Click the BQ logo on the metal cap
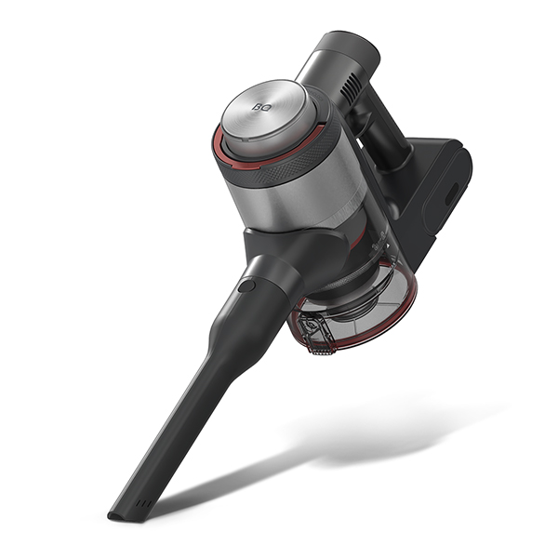point(259,106)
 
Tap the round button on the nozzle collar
point(246,286)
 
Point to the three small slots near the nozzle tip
point(143,503)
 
